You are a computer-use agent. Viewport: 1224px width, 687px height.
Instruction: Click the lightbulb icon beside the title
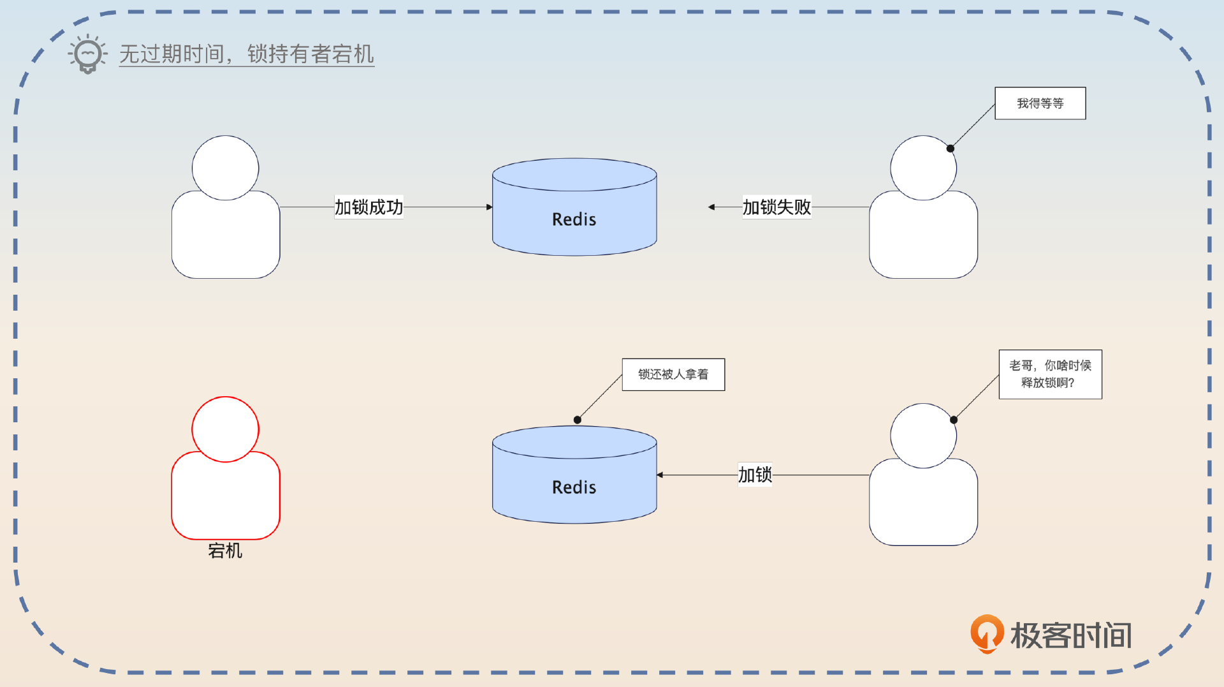point(88,54)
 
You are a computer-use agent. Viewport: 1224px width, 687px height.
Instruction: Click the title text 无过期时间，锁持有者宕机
point(246,54)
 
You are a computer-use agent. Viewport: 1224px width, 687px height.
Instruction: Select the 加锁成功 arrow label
point(368,207)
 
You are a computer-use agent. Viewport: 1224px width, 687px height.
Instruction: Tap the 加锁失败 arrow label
point(776,207)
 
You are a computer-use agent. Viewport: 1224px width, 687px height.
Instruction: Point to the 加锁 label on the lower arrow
point(755,475)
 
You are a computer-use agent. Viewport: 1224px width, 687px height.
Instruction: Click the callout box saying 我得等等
point(1040,103)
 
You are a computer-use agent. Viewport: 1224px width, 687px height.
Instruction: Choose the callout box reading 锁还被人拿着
point(673,374)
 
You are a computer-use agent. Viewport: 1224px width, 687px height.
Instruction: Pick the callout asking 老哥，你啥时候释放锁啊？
point(1050,374)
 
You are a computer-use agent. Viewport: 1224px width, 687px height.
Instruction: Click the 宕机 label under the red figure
point(225,550)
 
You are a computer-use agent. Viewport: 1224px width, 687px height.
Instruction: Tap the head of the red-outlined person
point(225,429)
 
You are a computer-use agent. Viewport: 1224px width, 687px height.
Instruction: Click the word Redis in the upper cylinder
point(574,219)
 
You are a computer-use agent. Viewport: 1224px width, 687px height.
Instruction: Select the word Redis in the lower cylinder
point(574,487)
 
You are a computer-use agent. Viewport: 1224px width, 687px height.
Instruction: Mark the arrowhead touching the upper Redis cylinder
point(489,207)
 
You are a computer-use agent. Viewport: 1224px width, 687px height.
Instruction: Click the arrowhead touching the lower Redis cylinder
point(660,475)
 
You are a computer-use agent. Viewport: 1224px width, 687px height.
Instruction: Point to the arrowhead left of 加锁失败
point(711,207)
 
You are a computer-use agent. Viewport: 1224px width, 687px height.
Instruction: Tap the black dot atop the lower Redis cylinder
point(577,420)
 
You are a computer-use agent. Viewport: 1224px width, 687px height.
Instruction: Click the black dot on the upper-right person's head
point(950,149)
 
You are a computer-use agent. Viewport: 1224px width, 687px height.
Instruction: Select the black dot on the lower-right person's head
point(954,420)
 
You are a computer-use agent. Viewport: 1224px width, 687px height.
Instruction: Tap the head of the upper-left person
point(225,168)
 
